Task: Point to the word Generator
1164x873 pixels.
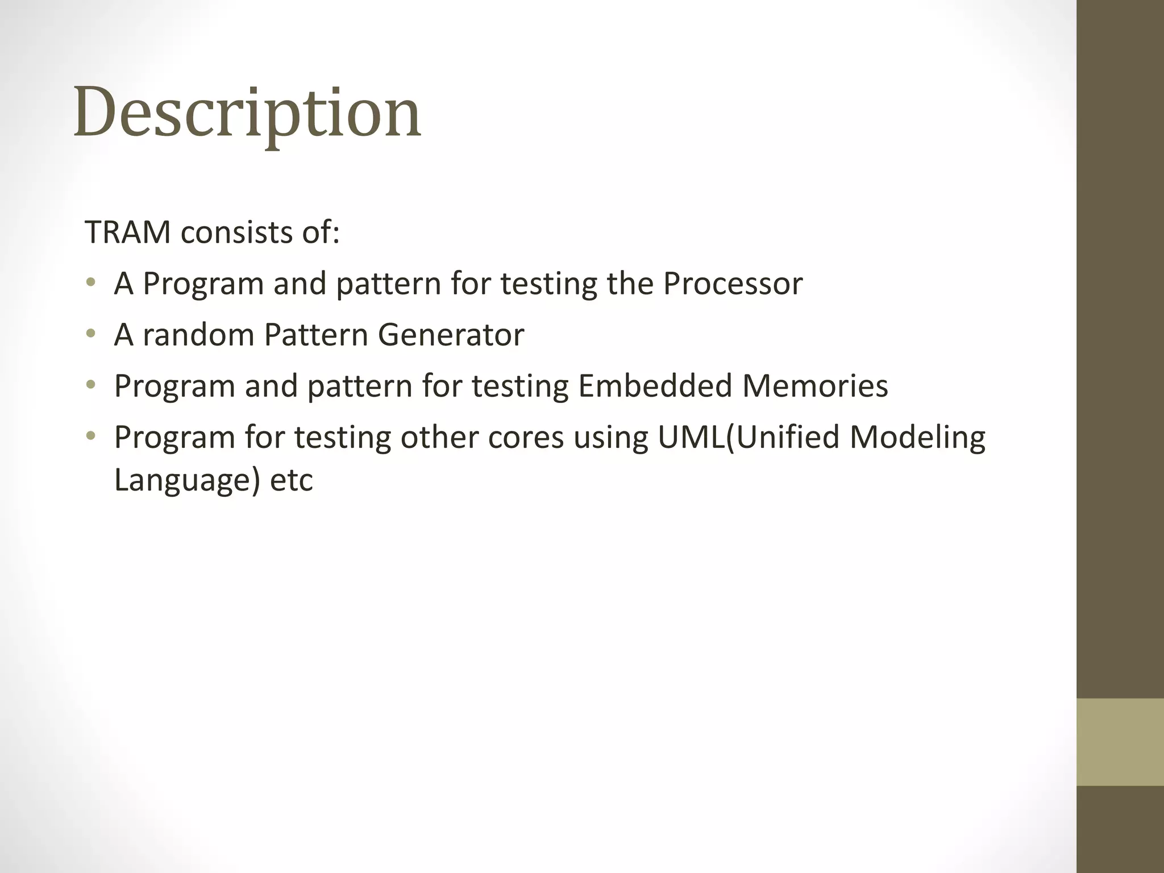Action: [451, 334]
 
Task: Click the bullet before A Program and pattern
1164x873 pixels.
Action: [90, 282]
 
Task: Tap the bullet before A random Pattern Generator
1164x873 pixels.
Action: [90, 334]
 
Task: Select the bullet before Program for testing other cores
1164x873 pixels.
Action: [90, 436]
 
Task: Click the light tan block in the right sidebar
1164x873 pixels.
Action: [1120, 742]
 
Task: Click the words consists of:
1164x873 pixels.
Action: [260, 232]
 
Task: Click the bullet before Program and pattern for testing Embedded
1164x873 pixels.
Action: [90, 385]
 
